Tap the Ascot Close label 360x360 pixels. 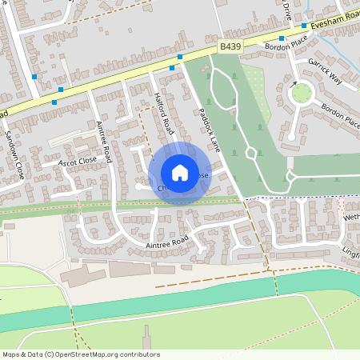(78, 161)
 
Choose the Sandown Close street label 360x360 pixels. (15, 154)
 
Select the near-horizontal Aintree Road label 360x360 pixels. (166, 239)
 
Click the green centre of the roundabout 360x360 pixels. (302, 94)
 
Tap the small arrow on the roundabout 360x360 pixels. (294, 83)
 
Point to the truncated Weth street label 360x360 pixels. (351, 217)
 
